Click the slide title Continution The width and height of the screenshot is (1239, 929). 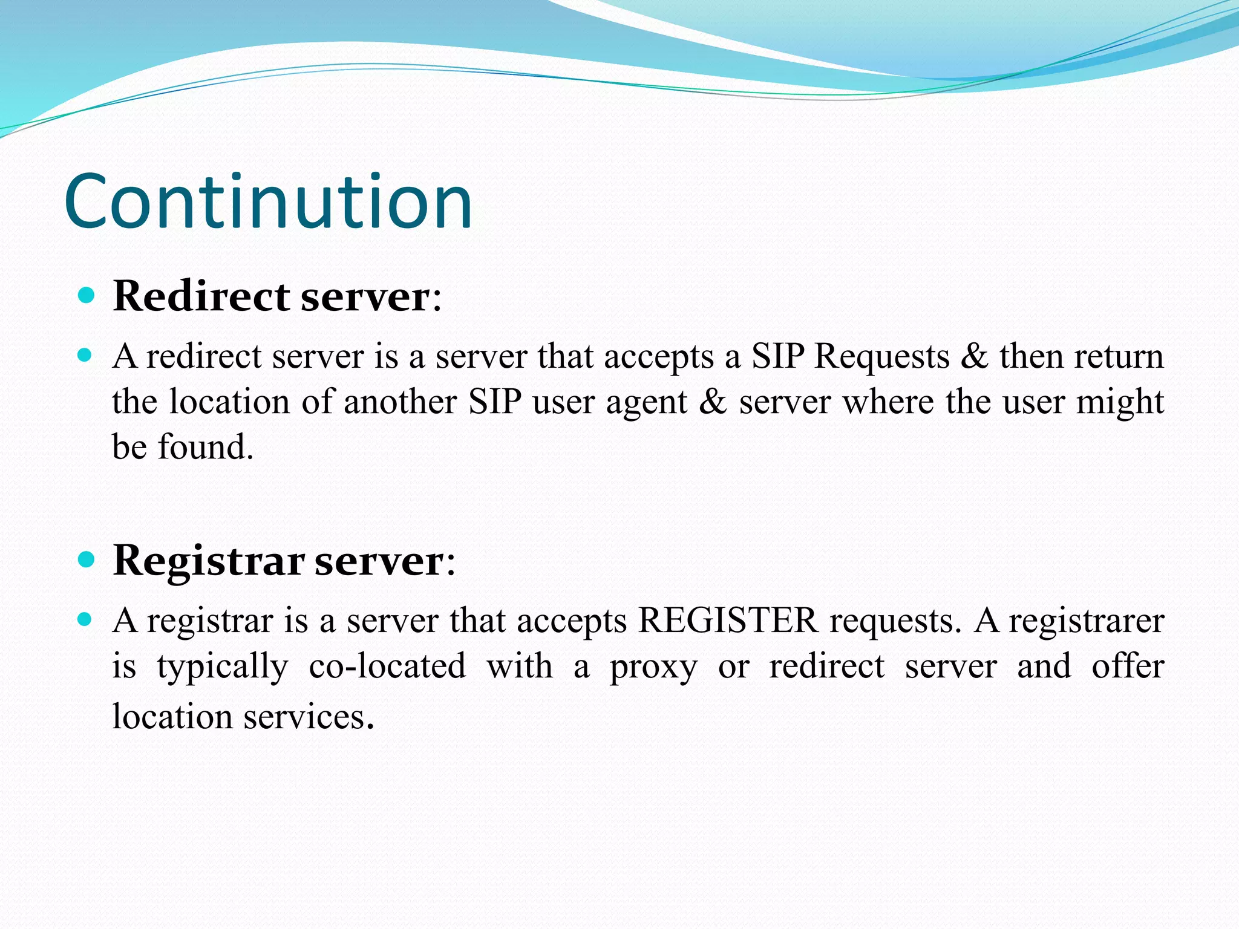(x=268, y=201)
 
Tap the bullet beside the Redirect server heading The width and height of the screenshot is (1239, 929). (x=87, y=296)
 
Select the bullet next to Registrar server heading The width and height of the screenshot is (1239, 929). (x=87, y=560)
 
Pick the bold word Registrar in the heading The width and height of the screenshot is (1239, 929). (x=208, y=561)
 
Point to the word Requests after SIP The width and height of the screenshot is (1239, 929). (x=881, y=356)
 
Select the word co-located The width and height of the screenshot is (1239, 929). (x=387, y=666)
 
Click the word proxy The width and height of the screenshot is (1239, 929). (x=653, y=667)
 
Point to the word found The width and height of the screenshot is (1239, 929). (x=206, y=447)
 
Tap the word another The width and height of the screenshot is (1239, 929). (x=400, y=402)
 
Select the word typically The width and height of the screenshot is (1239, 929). (x=223, y=667)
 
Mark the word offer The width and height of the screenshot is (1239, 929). (x=1128, y=666)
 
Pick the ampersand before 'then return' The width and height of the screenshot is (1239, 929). (x=974, y=356)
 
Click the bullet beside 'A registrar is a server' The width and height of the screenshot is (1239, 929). (x=85, y=619)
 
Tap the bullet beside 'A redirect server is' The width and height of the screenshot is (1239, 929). (x=85, y=355)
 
